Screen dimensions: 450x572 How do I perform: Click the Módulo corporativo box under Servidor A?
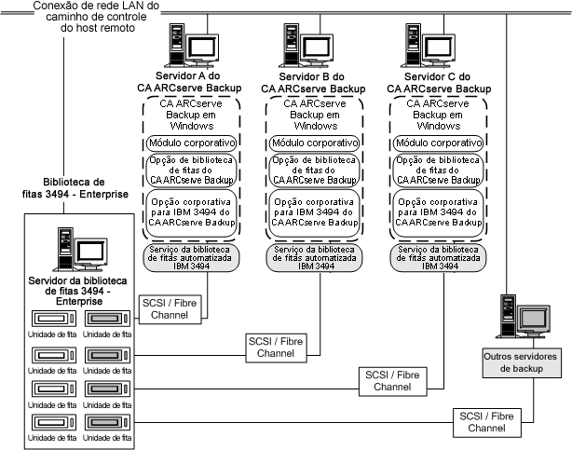click(192, 143)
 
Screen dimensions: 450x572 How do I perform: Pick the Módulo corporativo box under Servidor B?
click(314, 143)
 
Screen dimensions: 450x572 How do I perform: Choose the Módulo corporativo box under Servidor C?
click(438, 143)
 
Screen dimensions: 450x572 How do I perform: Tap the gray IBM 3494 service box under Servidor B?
click(314, 258)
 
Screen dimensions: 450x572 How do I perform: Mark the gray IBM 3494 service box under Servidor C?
click(438, 258)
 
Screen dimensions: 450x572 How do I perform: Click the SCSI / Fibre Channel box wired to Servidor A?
click(168, 310)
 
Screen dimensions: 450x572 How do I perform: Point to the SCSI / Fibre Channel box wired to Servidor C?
click(391, 379)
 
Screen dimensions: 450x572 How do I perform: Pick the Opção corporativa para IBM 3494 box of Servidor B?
click(314, 212)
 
